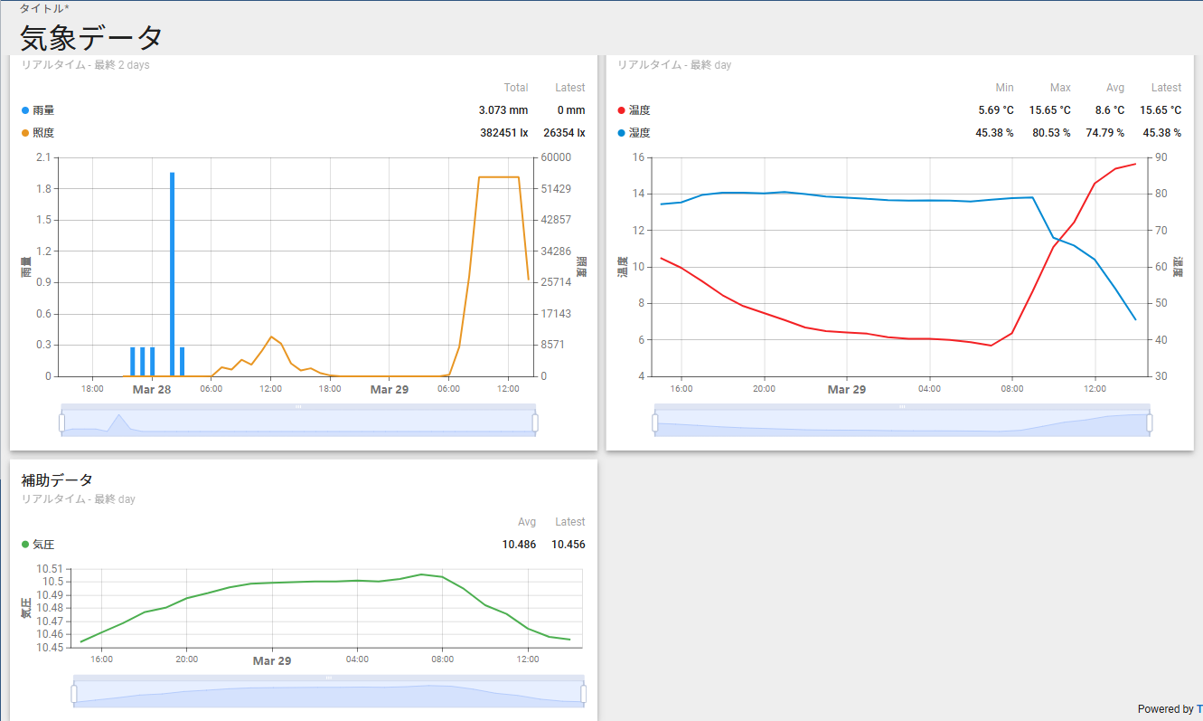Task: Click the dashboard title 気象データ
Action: [x=91, y=37]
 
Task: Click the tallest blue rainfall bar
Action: [x=172, y=271]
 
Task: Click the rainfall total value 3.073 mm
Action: [x=503, y=110]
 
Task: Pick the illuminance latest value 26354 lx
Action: [x=564, y=133]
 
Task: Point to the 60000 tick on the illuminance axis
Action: [x=556, y=157]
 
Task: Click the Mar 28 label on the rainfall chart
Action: [x=152, y=390]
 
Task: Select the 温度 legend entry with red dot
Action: [x=639, y=110]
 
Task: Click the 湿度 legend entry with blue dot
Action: [x=639, y=133]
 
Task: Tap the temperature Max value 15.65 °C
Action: [x=1049, y=110]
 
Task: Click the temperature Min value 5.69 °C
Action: [x=996, y=110]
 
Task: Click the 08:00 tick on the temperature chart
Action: [x=1012, y=389]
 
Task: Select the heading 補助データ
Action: [x=57, y=479]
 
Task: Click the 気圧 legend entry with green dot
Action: [x=43, y=545]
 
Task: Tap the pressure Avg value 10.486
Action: [x=519, y=545]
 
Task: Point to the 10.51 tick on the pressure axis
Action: [x=50, y=569]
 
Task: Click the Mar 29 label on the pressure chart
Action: [x=272, y=661]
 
